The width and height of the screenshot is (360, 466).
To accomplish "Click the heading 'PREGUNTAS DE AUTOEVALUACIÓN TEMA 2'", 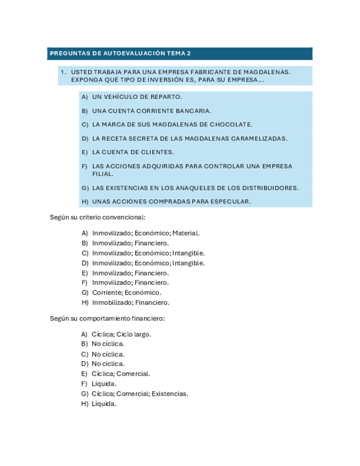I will pos(120,54).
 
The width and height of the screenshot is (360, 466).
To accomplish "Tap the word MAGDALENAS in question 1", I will pos(266,72).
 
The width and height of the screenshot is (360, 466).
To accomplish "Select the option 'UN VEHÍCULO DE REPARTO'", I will pos(137,97).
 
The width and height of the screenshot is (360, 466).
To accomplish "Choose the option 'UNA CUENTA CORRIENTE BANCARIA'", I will pos(151,111).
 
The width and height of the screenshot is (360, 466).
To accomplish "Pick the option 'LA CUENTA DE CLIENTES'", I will pos(133,152).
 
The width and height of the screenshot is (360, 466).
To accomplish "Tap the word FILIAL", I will pos(102,174).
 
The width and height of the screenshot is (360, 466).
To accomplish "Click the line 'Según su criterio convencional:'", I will pos(97,218).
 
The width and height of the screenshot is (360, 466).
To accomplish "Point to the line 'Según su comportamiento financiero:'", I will pos(107,318).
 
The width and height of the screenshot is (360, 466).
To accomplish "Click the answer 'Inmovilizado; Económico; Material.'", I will pos(146,233).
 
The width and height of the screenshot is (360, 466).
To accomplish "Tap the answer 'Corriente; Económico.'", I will pos(126,293).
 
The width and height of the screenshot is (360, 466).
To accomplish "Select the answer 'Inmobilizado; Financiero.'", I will pos(130,303).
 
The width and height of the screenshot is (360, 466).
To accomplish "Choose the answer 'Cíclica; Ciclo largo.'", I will pos(121,334).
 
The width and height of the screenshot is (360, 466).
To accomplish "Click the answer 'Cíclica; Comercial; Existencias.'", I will pos(140,393).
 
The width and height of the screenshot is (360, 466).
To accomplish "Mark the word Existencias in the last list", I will pos(170,393).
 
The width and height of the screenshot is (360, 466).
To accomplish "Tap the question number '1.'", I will pos(63,72).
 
